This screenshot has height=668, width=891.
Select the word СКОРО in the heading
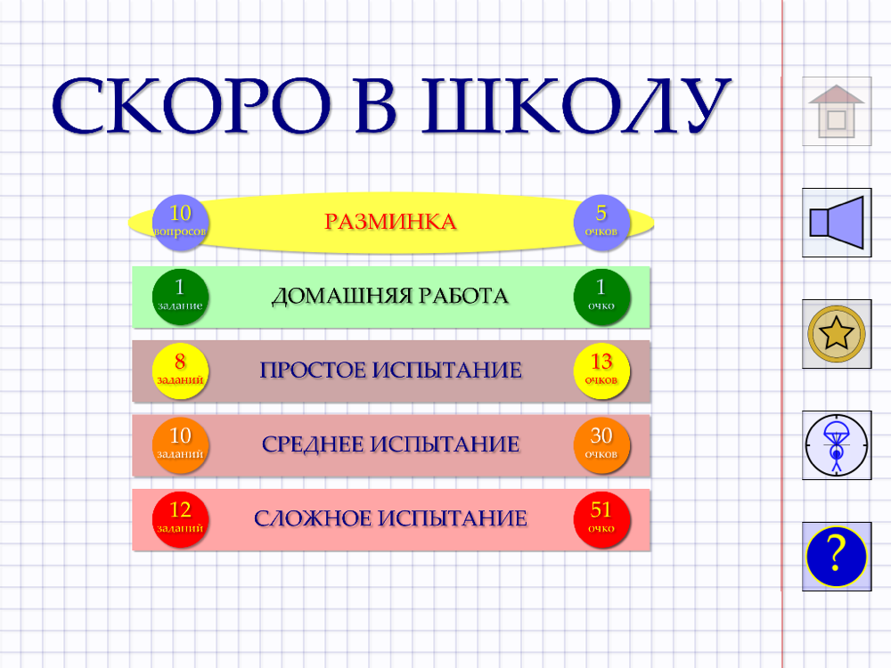pos(191,106)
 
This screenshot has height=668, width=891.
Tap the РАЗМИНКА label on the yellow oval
pos(390,222)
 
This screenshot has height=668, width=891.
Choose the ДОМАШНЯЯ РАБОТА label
pos(390,296)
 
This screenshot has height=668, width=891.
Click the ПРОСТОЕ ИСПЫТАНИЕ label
pos(390,371)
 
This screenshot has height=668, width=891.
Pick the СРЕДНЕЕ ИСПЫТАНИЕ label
pos(390,444)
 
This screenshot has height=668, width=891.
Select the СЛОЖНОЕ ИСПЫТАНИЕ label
pos(390,518)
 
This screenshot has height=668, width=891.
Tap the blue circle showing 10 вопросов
pos(180,223)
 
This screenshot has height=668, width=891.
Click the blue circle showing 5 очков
pos(601,223)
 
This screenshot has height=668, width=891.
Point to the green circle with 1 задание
pos(180,297)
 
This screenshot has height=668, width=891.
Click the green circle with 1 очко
pos(601,297)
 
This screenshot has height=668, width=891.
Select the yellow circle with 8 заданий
pos(180,371)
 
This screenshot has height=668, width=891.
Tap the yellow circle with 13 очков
pos(601,371)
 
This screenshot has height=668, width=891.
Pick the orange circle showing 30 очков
pos(601,445)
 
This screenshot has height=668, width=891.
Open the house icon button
pos(837,111)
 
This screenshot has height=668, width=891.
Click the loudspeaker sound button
pos(837,223)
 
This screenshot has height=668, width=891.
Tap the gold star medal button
pos(837,334)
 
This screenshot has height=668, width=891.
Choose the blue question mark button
pos(837,557)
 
